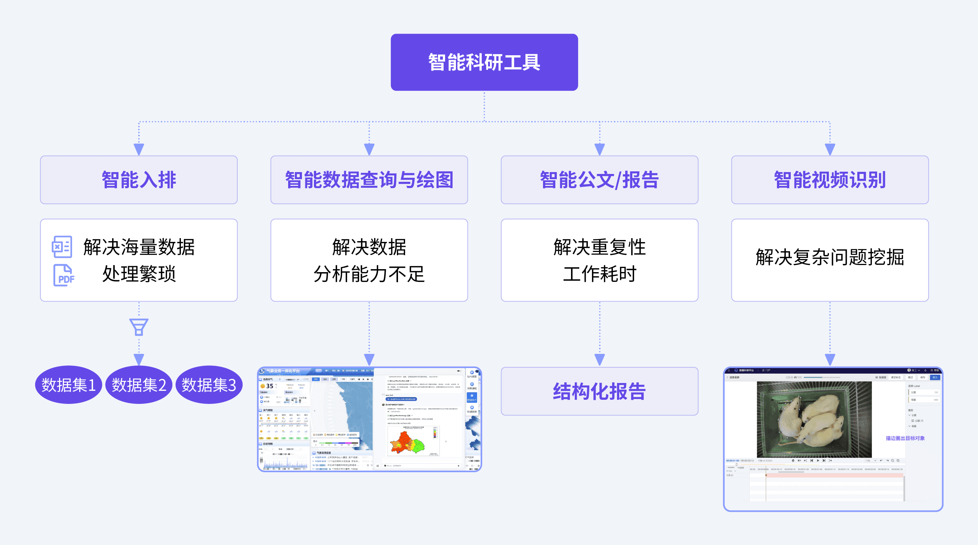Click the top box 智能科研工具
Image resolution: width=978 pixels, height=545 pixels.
[484, 62]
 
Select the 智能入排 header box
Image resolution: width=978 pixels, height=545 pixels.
[139, 180]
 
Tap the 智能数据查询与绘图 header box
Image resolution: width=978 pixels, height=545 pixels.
[369, 180]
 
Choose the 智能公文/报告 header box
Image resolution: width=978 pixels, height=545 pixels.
[599, 180]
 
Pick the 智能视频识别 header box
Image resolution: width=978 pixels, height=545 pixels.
[830, 180]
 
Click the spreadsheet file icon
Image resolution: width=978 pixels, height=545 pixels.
[62, 247]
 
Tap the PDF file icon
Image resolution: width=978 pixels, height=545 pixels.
[64, 275]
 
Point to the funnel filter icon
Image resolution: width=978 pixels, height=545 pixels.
[139, 327]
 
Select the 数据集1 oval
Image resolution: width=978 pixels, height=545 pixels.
[68, 385]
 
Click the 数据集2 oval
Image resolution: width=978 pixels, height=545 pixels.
[139, 385]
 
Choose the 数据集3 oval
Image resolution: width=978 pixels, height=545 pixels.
[209, 385]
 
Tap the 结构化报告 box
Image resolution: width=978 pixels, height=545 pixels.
[599, 392]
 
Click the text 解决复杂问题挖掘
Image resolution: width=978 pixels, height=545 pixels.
[830, 258]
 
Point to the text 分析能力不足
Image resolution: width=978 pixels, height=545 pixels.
[369, 274]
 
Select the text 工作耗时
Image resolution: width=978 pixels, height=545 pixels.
[599, 274]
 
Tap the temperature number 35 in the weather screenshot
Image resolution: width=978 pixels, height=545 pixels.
[269, 386]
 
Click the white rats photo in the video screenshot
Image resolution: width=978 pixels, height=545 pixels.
[814, 420]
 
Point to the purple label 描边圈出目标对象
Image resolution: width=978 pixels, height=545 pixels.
[905, 438]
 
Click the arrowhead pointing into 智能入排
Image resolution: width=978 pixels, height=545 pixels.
[139, 149]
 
